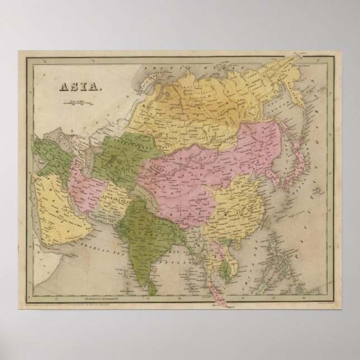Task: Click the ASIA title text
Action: point(78,87)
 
